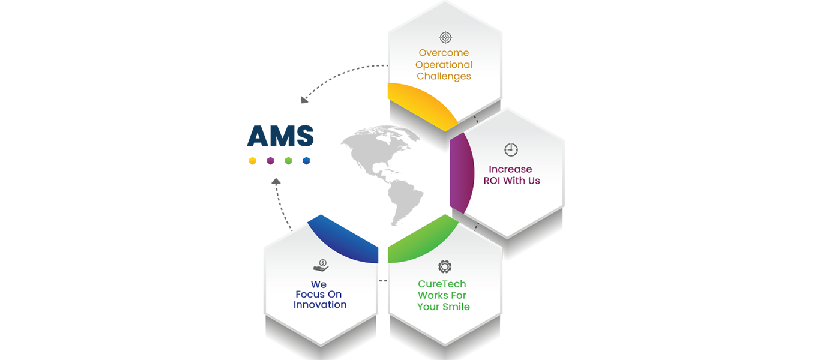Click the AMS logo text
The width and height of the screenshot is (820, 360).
point(280,136)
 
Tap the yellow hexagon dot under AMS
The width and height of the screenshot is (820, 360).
point(253,161)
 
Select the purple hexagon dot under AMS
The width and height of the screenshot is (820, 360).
point(271,161)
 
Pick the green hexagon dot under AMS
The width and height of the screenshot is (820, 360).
point(289,161)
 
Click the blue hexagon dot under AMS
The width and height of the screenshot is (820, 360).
point(307,161)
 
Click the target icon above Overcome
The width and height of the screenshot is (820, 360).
point(445,38)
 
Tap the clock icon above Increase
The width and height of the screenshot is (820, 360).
point(511,149)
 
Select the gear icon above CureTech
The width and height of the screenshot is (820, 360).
point(444,266)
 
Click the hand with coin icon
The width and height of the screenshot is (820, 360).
point(321,265)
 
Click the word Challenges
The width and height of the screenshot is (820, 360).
point(444,76)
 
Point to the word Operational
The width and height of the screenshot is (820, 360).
point(444,65)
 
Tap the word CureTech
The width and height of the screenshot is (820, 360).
point(442,284)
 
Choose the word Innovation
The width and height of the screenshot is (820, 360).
point(320,305)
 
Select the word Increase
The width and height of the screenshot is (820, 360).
point(510,169)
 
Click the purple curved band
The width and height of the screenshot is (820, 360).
point(461,174)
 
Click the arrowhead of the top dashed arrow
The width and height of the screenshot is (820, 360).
point(304,100)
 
